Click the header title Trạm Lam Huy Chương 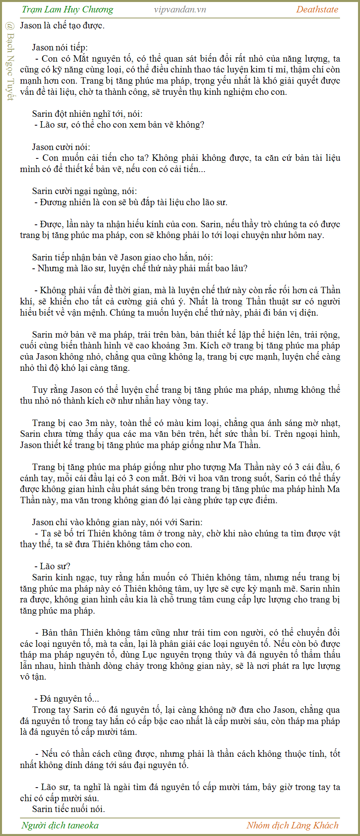point(68,10)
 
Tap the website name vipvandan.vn point(180,10)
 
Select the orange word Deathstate point(317,10)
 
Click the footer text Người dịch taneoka point(60,825)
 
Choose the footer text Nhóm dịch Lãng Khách point(292,825)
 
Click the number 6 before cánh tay point(337,467)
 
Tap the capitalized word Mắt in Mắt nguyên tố point(81,59)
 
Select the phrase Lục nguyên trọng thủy point(185,655)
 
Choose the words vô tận point(33,677)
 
